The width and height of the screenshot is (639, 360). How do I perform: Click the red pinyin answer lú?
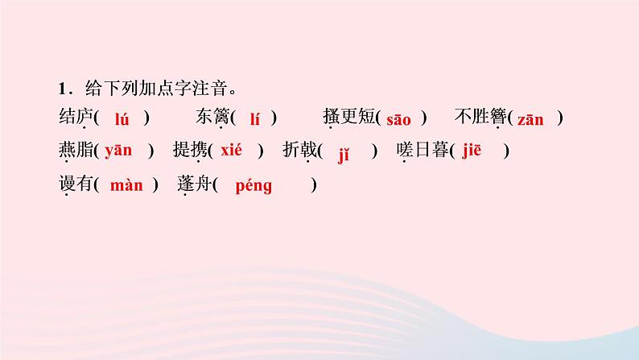pyautogui.click(x=122, y=119)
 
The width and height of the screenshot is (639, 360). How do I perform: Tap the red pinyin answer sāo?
pyautogui.click(x=399, y=120)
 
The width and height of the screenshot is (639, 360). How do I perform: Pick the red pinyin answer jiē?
pyautogui.click(x=472, y=151)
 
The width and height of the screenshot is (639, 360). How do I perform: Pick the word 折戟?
pyautogui.click(x=299, y=151)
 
